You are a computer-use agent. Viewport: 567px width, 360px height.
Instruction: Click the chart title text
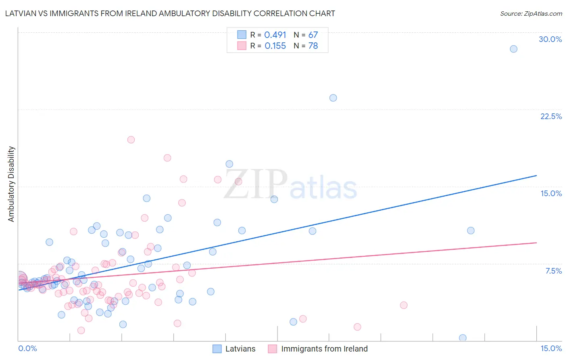170,13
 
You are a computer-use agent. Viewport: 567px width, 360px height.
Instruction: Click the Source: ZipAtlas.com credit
531,13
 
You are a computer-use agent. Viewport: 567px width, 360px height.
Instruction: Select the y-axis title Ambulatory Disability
11,184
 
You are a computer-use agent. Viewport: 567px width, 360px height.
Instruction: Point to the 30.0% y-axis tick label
550,39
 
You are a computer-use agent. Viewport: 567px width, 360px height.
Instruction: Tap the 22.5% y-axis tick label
551,116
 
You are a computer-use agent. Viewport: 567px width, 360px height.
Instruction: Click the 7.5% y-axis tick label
553,271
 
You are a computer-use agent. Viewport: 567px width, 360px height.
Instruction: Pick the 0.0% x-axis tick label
27,349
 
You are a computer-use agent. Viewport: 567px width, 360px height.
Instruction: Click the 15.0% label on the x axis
551,349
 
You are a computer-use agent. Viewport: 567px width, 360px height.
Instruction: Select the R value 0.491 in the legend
275,35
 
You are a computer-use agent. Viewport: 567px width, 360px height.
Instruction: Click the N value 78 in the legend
313,46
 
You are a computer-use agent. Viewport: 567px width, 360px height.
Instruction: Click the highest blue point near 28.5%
513,49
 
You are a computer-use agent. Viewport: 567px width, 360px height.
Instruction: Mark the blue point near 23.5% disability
333,98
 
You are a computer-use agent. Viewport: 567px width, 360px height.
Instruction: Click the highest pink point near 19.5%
131,140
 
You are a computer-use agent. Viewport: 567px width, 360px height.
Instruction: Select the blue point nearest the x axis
463,338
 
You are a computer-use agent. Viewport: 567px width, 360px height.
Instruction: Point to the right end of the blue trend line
536,176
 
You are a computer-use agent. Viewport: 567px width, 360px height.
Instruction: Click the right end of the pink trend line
536,243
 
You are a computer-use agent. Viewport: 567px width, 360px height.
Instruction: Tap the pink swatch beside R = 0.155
242,46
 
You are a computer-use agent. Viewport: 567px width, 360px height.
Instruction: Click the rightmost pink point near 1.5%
357,327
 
